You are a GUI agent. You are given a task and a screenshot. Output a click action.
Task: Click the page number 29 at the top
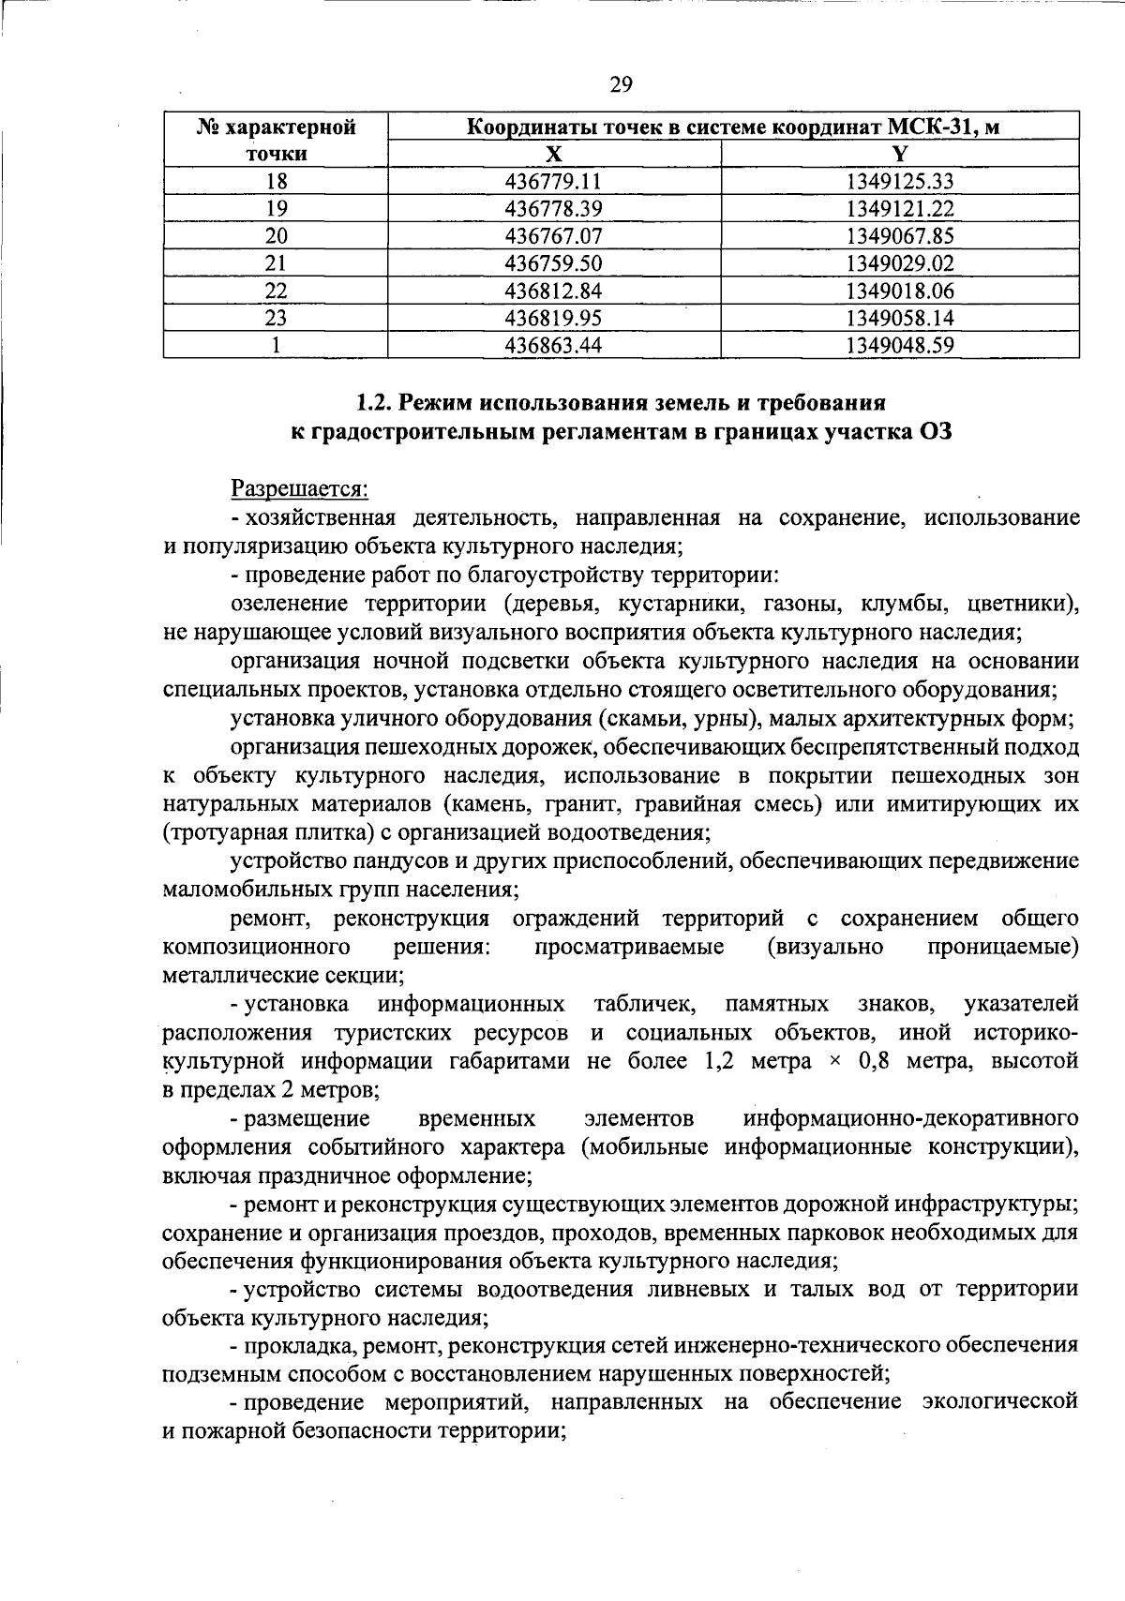pos(621,85)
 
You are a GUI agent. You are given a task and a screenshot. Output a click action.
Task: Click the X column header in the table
pos(554,155)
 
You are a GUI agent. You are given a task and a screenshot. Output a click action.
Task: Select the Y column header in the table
pos(899,155)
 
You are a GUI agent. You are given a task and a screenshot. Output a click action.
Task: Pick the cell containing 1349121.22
pos(899,209)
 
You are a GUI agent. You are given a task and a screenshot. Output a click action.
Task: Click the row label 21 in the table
pos(276,263)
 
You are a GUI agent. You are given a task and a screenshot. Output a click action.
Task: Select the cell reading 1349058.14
pos(899,318)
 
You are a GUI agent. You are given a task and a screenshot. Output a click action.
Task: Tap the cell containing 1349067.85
pos(899,236)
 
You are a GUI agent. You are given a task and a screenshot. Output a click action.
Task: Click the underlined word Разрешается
pos(300,488)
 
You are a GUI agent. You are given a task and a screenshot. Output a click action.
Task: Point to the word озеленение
pos(290,603)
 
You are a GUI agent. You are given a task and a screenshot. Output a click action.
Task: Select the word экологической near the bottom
pos(999,1402)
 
